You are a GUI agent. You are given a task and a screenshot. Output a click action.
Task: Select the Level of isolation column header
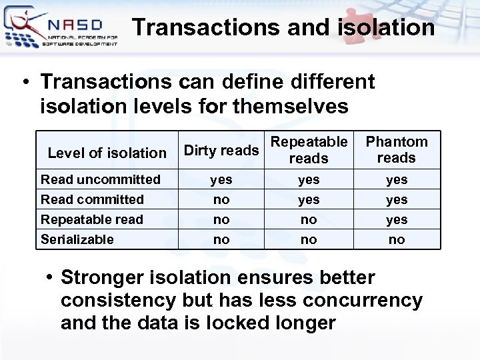point(107,153)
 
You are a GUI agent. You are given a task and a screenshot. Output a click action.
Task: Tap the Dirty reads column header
point(221,150)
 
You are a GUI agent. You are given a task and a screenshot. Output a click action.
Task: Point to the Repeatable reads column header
point(309,150)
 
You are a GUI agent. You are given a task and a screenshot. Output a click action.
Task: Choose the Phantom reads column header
point(397,150)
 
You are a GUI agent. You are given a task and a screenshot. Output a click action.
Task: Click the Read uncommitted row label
point(101,179)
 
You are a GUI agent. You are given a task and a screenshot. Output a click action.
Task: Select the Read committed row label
point(92,199)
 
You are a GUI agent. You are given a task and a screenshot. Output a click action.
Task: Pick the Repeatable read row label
point(92,219)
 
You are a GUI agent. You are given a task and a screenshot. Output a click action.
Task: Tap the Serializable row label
point(77,239)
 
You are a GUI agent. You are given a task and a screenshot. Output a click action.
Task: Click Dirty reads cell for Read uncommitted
point(221,179)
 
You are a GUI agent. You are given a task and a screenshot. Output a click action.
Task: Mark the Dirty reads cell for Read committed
point(221,199)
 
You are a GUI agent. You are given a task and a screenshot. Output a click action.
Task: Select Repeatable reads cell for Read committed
point(309,199)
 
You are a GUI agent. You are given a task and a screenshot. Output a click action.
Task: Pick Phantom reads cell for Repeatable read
point(397,219)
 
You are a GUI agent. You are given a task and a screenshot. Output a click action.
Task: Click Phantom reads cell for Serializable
point(397,239)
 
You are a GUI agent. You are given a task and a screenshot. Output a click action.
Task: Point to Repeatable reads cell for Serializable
point(309,239)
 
